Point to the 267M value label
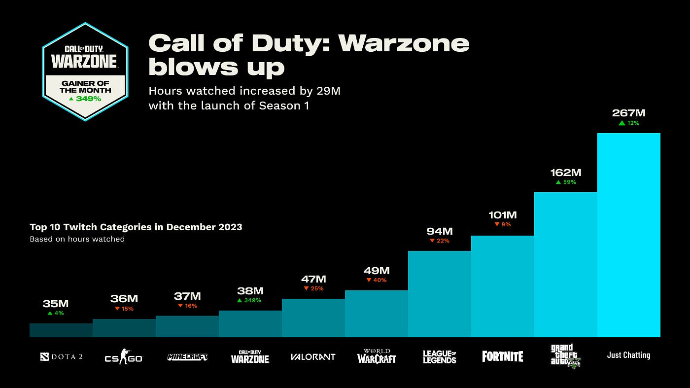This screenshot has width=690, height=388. [628, 113]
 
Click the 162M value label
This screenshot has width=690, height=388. [565, 173]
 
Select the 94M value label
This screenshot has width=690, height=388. [439, 231]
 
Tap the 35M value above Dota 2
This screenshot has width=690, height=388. [55, 304]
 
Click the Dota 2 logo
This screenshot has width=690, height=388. [61, 356]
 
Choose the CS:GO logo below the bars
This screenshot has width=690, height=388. [123, 356]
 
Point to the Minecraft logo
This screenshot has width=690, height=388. [187, 356]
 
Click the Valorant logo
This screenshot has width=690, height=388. [313, 356]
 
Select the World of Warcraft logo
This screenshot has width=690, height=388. [377, 356]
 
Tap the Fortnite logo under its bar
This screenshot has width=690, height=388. [502, 356]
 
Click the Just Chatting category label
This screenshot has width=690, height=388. [628, 355]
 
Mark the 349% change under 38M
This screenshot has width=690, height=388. [249, 300]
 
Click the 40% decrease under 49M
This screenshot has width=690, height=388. [377, 280]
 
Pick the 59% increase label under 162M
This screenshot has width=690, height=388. [566, 182]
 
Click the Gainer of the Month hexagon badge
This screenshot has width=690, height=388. [85, 71]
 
